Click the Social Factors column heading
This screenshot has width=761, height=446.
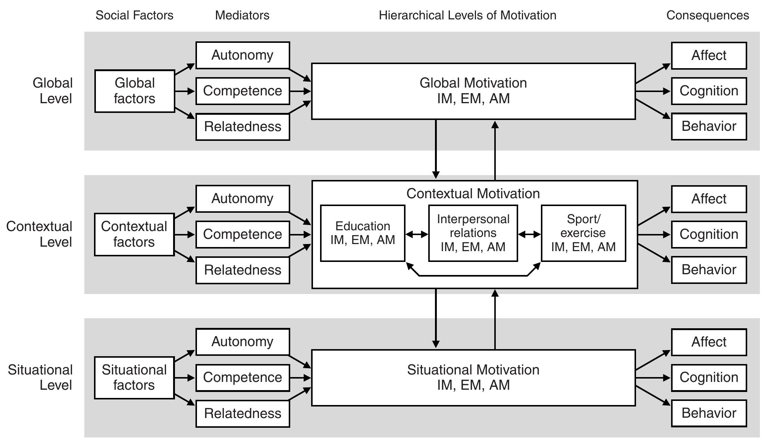click(x=134, y=15)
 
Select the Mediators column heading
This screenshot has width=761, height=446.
click(x=242, y=15)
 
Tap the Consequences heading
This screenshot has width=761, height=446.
click(x=707, y=15)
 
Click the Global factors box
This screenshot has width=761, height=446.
click(x=135, y=91)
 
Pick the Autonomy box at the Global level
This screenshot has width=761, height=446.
click(x=242, y=55)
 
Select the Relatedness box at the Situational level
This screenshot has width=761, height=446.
click(x=242, y=414)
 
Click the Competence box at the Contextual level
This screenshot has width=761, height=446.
click(x=242, y=234)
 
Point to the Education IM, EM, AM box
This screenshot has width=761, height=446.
click(x=363, y=233)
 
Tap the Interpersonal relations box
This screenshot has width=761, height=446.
click(x=473, y=233)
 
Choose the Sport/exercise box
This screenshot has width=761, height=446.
click(x=583, y=233)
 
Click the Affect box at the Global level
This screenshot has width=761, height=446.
click(x=709, y=56)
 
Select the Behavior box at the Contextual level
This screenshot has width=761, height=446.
click(x=709, y=270)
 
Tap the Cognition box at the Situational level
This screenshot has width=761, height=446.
click(x=709, y=377)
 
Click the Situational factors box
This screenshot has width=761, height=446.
click(x=134, y=377)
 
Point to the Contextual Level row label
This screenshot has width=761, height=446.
click(x=40, y=234)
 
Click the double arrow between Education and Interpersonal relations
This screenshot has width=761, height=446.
click(x=417, y=234)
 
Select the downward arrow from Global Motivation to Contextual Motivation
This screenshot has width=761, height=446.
click(x=436, y=149)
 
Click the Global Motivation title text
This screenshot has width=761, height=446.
click(x=473, y=83)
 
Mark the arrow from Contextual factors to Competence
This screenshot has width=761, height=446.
click(x=185, y=235)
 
